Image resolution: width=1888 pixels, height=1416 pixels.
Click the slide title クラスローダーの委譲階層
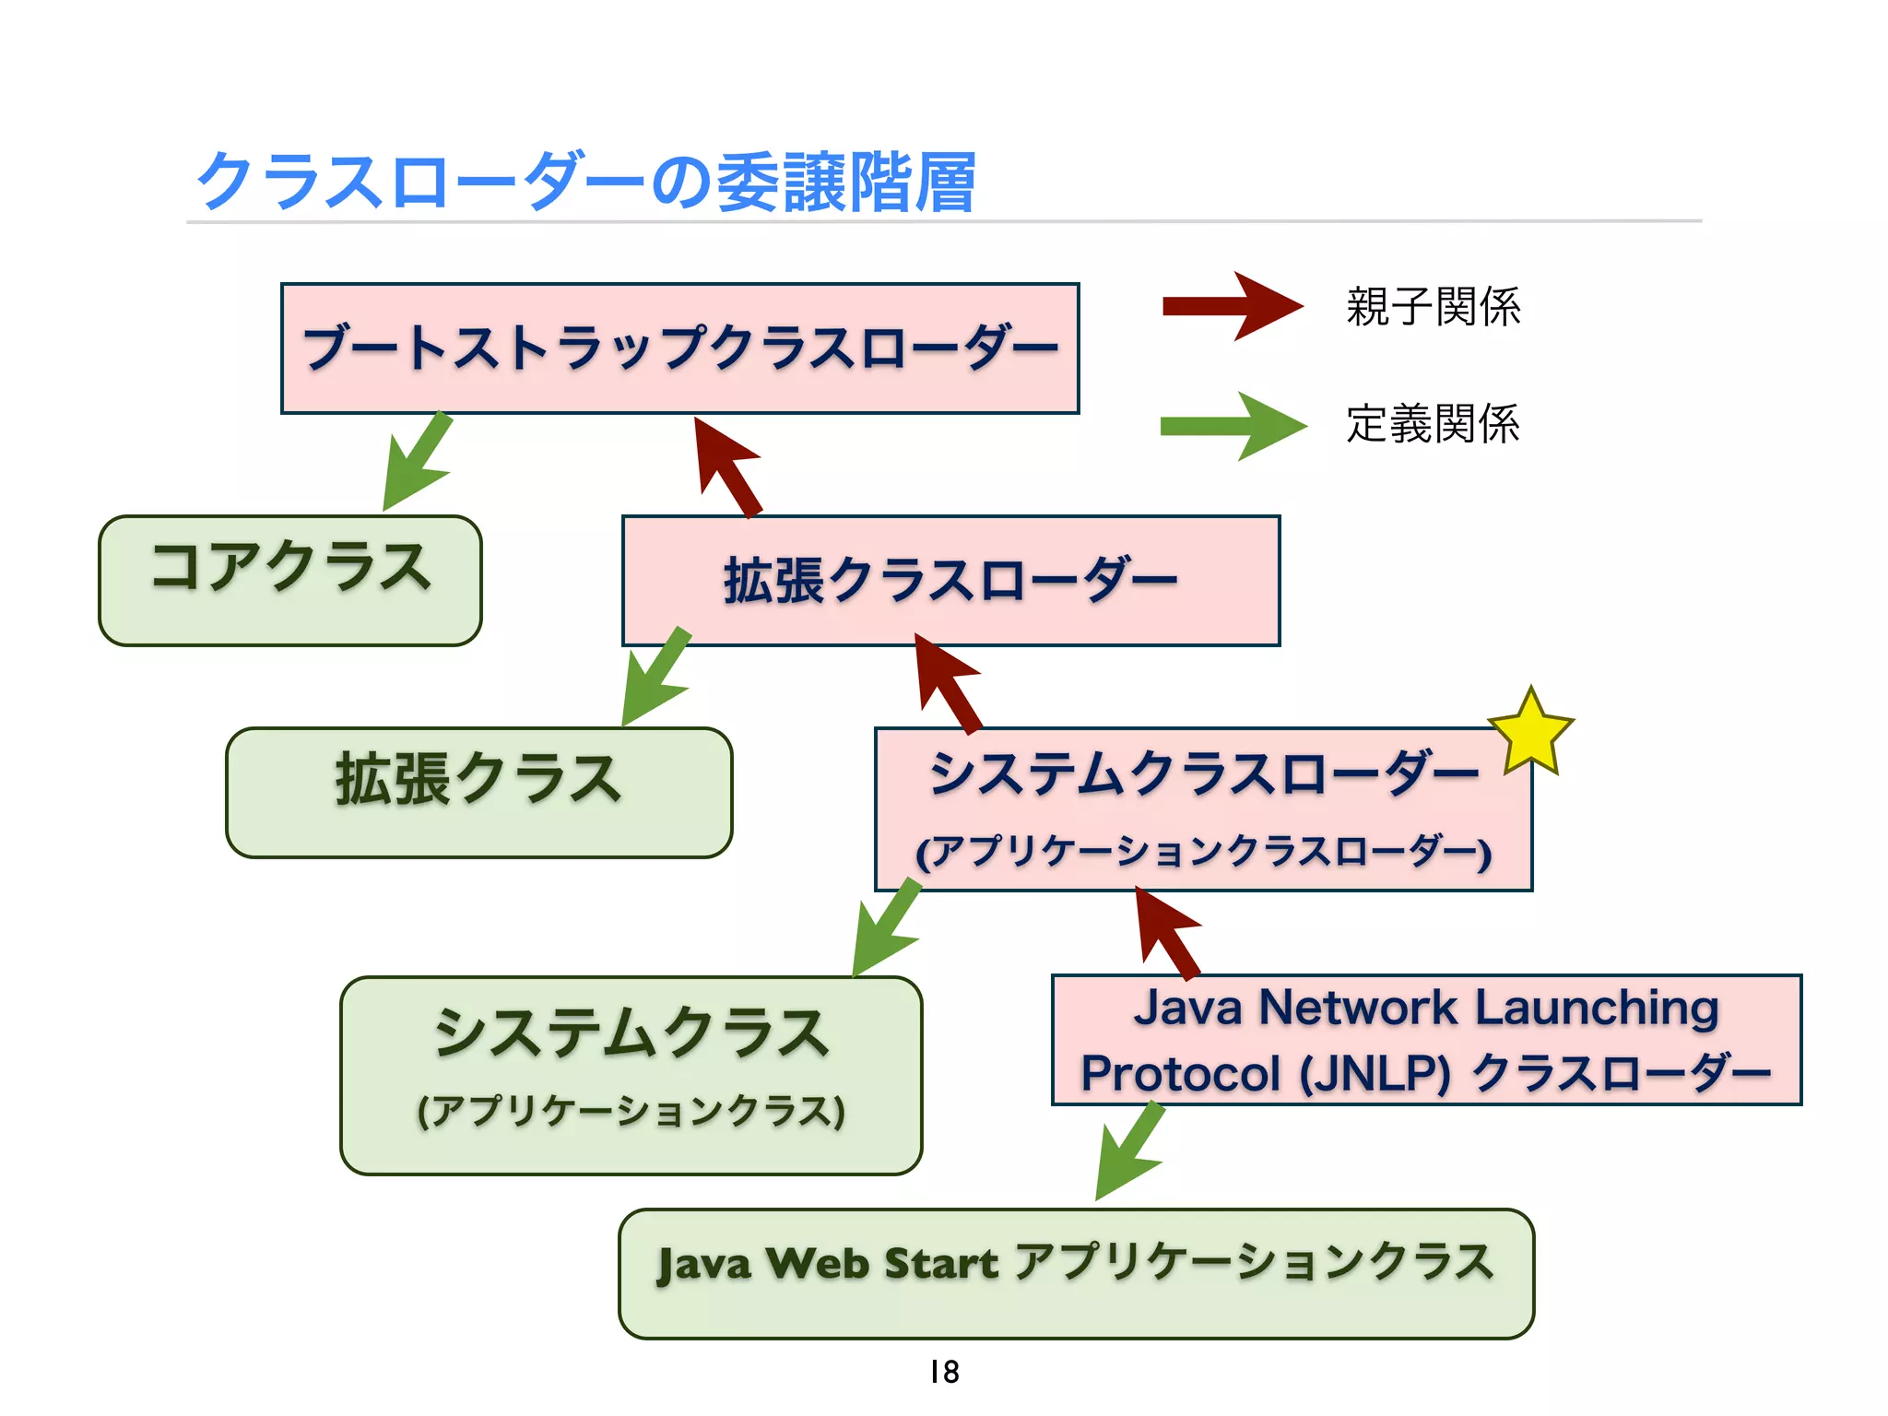pyautogui.click(x=586, y=182)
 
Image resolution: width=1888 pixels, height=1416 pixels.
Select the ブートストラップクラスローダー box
pyautogui.click(x=679, y=348)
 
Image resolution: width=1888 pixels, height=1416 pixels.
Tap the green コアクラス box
pyautogui.click(x=289, y=580)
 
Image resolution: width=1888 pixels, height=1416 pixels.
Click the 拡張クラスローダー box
pyautogui.click(x=950, y=581)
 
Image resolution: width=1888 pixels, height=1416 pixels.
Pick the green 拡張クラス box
pyautogui.click(x=478, y=792)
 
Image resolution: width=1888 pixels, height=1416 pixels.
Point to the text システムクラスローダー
pyautogui.click(x=1202, y=773)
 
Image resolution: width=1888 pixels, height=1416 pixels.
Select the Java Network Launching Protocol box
pyautogui.click(x=1425, y=1039)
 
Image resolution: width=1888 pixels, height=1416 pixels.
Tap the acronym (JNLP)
pyautogui.click(x=1375, y=1074)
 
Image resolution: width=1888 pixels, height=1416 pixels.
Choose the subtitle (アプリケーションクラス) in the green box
pyautogui.click(x=631, y=1111)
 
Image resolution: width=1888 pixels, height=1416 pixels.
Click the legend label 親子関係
pyautogui.click(x=1433, y=307)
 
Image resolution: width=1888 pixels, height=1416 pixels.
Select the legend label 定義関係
pyautogui.click(x=1433, y=424)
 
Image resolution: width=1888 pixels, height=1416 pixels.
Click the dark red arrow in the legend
pyautogui.click(x=1232, y=306)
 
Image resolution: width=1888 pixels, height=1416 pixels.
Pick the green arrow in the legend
pyautogui.click(x=1232, y=425)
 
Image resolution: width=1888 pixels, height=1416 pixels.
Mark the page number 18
pyautogui.click(x=944, y=1372)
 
